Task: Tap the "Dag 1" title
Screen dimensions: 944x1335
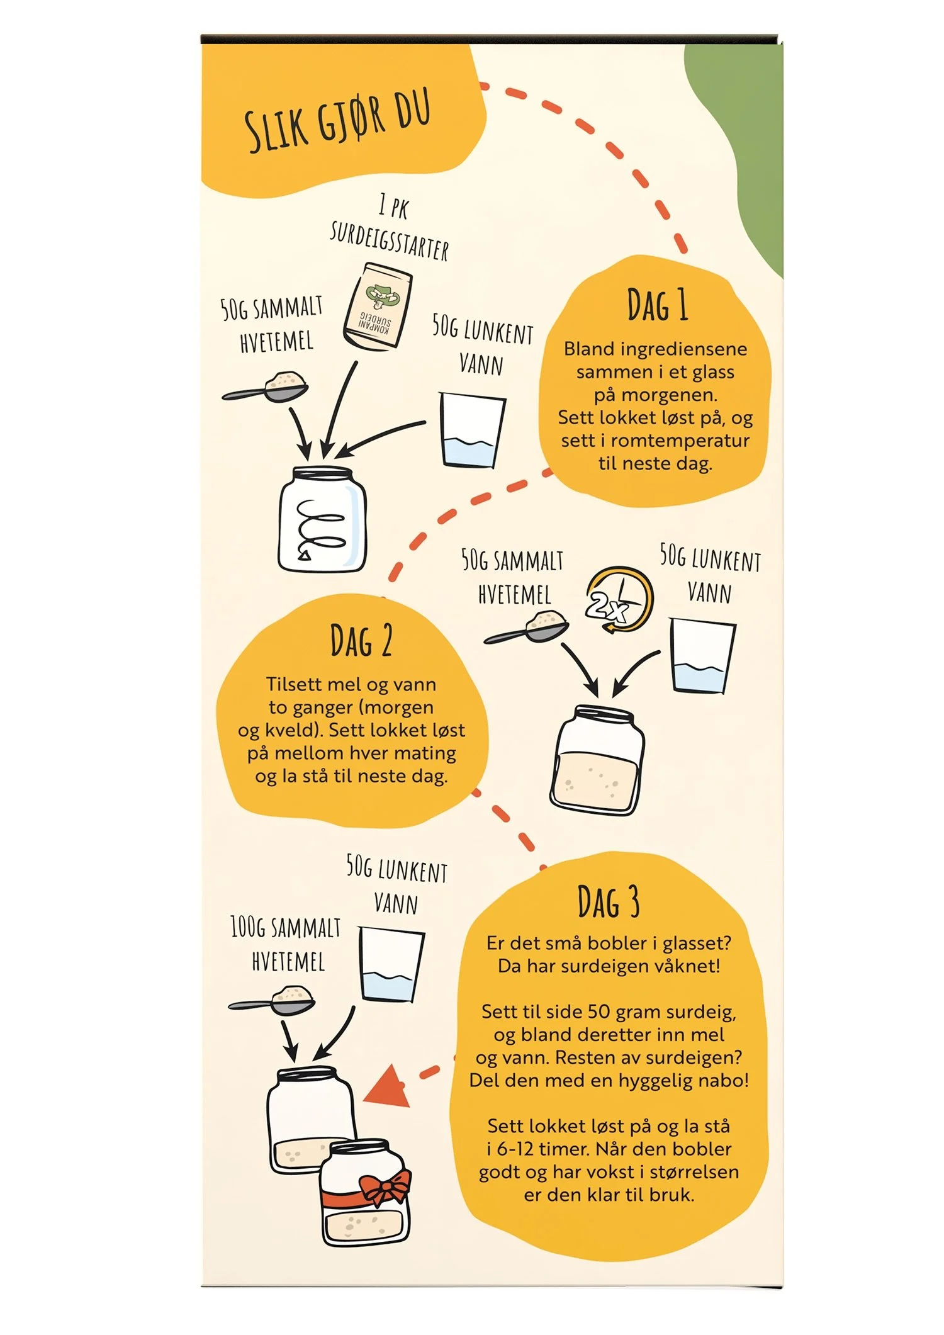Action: click(x=657, y=305)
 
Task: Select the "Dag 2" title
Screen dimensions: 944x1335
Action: click(x=361, y=641)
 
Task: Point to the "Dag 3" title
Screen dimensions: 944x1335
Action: click(x=609, y=901)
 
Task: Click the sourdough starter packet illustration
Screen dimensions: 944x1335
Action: click(x=378, y=306)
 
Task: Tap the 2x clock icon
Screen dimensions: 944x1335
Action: click(x=619, y=600)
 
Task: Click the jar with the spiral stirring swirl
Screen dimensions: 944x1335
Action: click(x=322, y=519)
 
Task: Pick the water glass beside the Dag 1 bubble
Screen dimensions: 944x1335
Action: click(x=471, y=431)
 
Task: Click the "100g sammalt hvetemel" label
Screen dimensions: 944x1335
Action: click(x=286, y=944)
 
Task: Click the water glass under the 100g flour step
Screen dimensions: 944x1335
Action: click(x=391, y=964)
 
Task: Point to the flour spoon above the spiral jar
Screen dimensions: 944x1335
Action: click(x=265, y=386)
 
